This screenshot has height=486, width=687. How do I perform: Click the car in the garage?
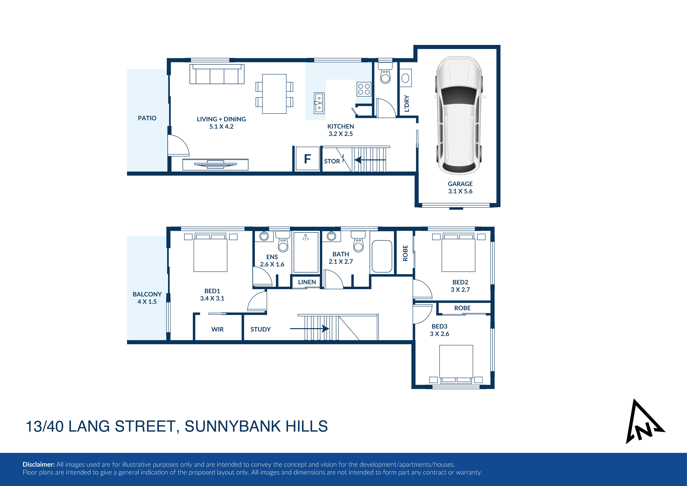coord(460,116)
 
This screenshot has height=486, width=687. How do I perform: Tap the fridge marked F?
coord(307,159)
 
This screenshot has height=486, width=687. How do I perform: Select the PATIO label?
coord(147,118)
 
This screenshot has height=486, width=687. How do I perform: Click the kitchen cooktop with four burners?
coord(364,89)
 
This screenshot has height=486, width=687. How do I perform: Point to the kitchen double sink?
coord(319,103)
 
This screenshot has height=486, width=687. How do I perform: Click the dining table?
coord(274,94)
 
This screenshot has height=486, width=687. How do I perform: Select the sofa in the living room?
coord(217,74)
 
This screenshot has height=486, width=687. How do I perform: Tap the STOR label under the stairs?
coord(332,161)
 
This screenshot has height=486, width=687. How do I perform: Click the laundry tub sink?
coord(406,78)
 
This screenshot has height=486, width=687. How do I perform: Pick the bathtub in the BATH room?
coord(382,256)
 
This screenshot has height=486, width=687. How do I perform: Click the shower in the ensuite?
coord(306,252)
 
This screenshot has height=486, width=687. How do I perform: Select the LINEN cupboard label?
coord(307,282)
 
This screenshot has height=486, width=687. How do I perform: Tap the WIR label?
coord(217,329)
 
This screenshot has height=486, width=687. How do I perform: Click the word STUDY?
coord(260,329)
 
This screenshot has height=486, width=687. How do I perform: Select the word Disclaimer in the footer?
coord(39,464)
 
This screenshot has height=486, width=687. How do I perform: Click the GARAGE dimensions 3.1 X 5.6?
coord(460,191)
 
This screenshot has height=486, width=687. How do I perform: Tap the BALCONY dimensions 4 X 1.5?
coord(147,302)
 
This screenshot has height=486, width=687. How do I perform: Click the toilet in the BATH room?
coord(358,242)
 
